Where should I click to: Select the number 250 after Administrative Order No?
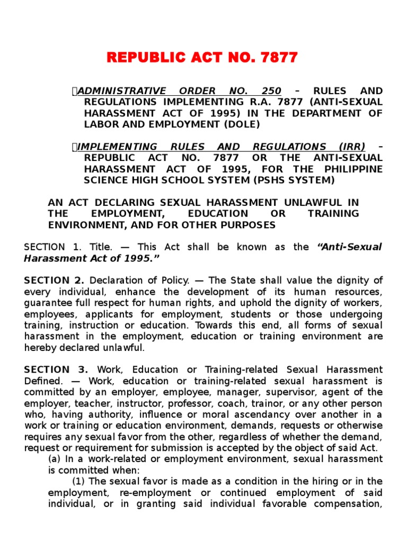[x=270, y=91]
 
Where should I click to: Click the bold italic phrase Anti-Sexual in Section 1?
[x=349, y=247]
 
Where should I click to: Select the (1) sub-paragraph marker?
[x=79, y=481]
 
